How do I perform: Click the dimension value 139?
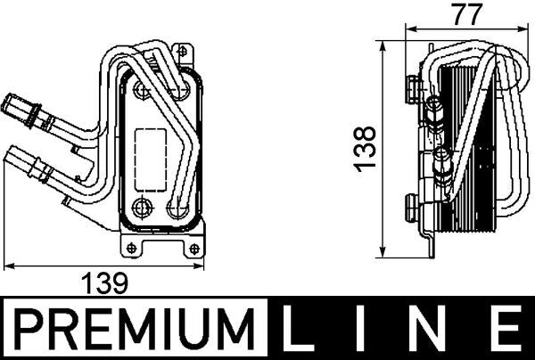(105, 282)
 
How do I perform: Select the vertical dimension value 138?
(363, 148)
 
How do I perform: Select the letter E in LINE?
(508, 331)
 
